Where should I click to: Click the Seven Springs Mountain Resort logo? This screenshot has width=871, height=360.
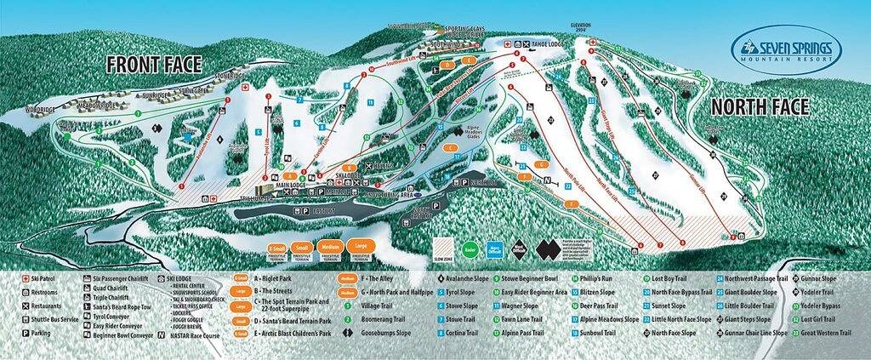786,52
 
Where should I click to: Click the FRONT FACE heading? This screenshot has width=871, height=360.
154,65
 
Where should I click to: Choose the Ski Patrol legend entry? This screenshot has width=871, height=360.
34,278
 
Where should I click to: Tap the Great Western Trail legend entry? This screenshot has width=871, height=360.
825,334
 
